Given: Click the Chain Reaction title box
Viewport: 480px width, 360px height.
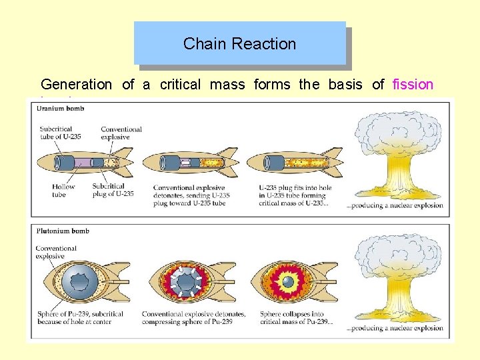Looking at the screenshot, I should pos(240,44).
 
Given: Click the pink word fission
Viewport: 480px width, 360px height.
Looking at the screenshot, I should pos(413,85).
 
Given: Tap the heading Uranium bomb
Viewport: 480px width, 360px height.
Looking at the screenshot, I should pos(61,109).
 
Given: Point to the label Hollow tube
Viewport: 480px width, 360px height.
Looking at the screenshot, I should pos(64,190).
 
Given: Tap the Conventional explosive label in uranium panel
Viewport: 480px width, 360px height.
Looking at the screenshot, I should pos(121,133).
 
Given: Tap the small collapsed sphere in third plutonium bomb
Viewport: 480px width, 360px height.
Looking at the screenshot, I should pos(288,282).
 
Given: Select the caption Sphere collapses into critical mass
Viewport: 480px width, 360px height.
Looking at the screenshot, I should pos(295,318).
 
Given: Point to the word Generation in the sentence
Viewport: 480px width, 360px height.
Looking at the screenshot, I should pos(76,85).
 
